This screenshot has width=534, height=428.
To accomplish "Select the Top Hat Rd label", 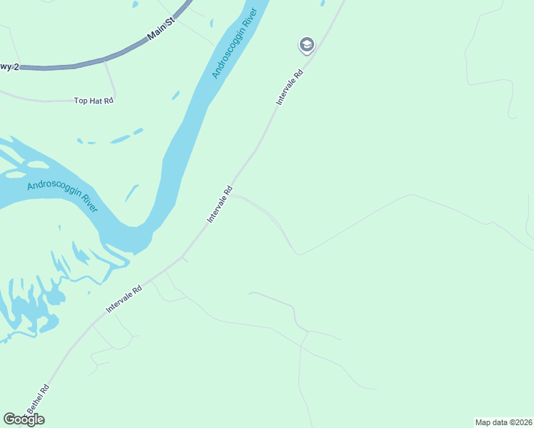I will point(94,101).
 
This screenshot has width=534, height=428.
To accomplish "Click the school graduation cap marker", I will point(306,46).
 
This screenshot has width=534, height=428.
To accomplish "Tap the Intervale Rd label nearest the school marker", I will point(290,88).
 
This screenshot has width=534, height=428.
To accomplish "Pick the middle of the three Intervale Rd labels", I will point(220,205).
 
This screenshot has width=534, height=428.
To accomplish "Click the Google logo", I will point(24,419).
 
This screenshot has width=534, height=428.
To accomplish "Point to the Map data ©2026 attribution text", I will point(503,422).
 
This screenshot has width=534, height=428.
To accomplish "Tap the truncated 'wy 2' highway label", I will point(8,66).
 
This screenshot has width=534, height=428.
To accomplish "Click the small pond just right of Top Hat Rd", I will point(175,95).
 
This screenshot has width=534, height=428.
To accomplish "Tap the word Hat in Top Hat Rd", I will point(94,101).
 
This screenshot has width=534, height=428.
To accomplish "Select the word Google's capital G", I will point(9,419).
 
